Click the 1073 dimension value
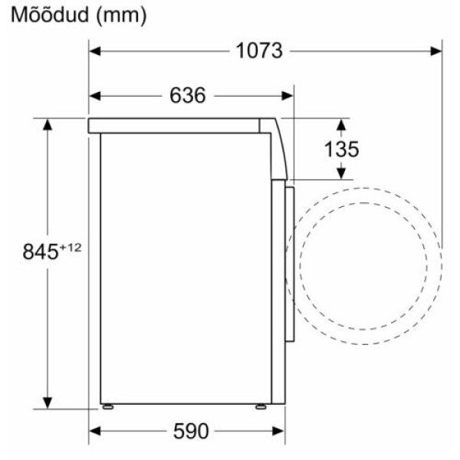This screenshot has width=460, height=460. tap(259, 51)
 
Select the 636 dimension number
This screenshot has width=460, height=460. tap(188, 95)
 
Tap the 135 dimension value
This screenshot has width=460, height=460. tap(341, 149)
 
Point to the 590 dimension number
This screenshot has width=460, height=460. tap(191, 431)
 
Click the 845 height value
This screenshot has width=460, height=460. tap(41, 251)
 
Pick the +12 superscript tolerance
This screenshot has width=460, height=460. tap(70, 248)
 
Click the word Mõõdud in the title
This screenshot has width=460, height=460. tap(50, 15)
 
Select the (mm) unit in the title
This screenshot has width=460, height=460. tap(121, 16)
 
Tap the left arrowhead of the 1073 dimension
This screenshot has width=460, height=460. tap(95, 51)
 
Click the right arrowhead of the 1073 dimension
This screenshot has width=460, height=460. tap(436, 51)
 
